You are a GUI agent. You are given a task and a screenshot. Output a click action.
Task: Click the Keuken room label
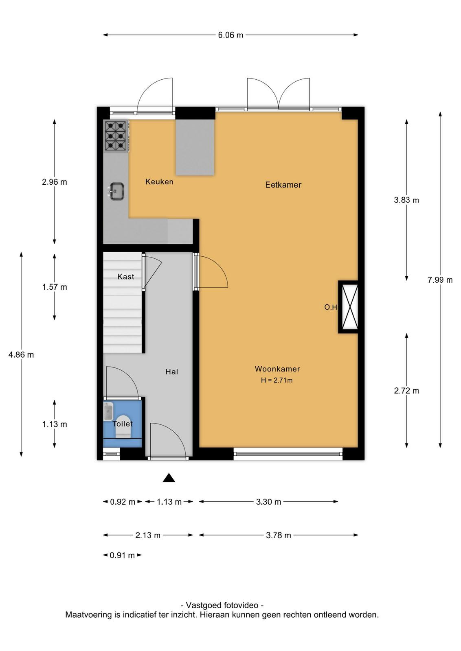(x=159, y=181)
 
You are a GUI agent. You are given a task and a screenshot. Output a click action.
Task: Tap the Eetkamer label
(x=283, y=185)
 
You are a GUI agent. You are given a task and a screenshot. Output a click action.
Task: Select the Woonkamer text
(x=277, y=369)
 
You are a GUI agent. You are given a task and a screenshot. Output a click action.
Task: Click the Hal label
(x=171, y=372)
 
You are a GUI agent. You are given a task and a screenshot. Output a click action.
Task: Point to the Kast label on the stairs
(x=126, y=276)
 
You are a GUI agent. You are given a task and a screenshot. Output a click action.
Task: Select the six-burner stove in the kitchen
(x=116, y=136)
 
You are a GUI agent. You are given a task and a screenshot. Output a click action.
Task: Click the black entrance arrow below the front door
(x=169, y=478)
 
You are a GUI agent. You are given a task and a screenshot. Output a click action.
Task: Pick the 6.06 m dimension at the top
(x=230, y=35)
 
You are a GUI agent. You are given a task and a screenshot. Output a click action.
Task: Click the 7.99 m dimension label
(x=440, y=280)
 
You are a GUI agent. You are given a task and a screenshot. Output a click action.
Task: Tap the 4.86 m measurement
(x=21, y=354)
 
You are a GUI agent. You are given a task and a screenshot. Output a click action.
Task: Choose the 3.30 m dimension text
(x=268, y=502)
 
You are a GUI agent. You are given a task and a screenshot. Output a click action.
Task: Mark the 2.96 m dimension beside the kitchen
(x=55, y=182)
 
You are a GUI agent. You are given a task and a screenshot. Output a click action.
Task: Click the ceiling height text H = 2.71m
(x=277, y=380)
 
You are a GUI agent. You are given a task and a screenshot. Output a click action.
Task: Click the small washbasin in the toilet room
(x=108, y=411)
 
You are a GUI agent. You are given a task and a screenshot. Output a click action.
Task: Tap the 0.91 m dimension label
(x=122, y=555)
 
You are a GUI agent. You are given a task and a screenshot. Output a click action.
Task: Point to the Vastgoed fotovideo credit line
(x=222, y=605)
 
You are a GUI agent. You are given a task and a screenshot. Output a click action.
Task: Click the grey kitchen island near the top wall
(x=195, y=147)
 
